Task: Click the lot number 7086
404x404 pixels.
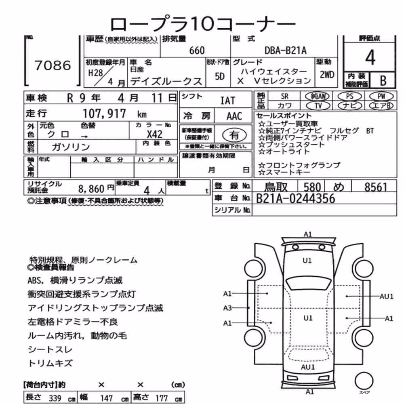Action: click(53, 65)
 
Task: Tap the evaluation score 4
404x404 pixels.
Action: click(370, 57)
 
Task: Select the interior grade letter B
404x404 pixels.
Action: click(383, 81)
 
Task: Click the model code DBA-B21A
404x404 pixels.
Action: click(286, 50)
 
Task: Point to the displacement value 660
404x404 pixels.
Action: click(197, 50)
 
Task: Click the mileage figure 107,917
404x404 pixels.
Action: click(104, 114)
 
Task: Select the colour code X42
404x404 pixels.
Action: click(154, 134)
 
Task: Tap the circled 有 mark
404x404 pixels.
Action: click(234, 135)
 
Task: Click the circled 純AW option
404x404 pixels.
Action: click(317, 97)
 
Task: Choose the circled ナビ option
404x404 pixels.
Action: click(349, 105)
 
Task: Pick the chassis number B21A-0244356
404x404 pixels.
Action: click(296, 198)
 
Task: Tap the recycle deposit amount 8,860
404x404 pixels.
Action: click(91, 189)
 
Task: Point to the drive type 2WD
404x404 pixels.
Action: click(327, 75)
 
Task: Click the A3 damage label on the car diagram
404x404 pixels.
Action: click(227, 307)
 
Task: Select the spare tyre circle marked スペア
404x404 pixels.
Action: click(364, 381)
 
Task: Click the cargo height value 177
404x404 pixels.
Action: click(162, 398)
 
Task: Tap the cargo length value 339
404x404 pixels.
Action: click(55, 398)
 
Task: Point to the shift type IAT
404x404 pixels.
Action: click(228, 101)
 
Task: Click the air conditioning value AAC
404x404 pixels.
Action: click(234, 116)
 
